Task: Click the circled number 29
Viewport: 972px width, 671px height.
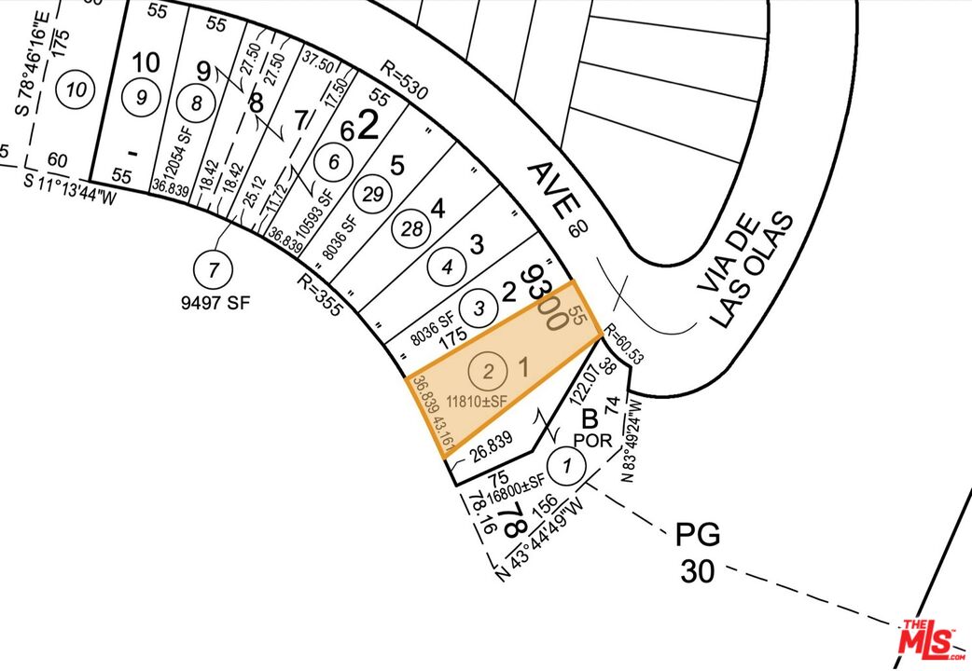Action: [373, 194]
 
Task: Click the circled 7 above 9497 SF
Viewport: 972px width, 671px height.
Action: [214, 270]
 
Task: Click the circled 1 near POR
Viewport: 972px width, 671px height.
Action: [562, 463]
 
